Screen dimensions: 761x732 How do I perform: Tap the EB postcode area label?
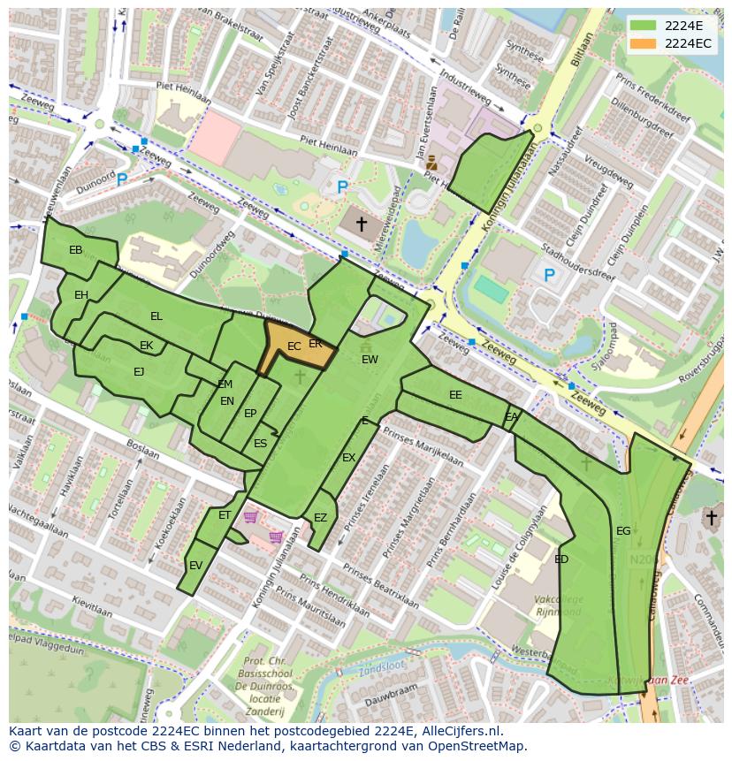tap(76, 251)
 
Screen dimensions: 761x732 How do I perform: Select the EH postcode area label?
tap(81, 295)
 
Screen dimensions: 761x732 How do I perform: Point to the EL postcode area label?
tap(156, 316)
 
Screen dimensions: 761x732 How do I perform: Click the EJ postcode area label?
tap(139, 372)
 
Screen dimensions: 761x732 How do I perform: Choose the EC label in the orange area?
tap(294, 347)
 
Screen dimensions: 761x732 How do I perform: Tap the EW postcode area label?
tap(370, 360)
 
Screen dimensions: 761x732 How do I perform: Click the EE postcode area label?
tap(455, 395)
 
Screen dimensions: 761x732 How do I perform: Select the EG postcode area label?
tap(623, 531)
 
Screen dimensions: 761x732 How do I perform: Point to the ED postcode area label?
tap(561, 559)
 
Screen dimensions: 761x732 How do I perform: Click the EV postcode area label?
tap(195, 566)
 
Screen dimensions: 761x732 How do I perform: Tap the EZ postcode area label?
tap(320, 518)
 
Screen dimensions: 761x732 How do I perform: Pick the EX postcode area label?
tap(348, 458)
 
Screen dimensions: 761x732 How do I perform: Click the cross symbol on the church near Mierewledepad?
tap(361, 224)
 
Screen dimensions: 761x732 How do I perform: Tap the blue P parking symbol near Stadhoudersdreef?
tap(549, 276)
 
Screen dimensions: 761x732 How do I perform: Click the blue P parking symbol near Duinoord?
tap(122, 179)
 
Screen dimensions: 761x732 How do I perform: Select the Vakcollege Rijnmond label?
tap(558, 605)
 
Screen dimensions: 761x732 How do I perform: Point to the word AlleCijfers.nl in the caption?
tap(459, 731)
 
